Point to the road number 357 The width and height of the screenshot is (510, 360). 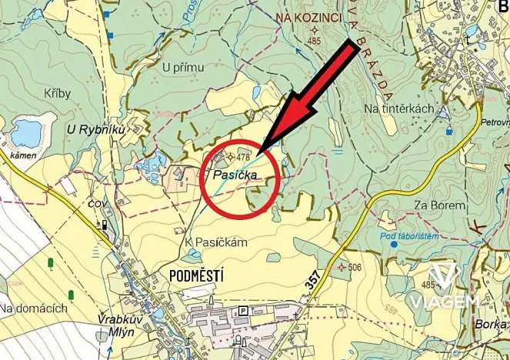pos(312,281)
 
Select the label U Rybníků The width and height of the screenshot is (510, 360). pos(96,129)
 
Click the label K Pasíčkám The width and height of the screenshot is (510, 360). pos(216,242)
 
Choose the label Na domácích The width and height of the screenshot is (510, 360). pos(34,308)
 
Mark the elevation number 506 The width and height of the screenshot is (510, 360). pos(354,268)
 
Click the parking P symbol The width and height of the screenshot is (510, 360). pos(244,310)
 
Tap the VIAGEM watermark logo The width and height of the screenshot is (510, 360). pos(444,287)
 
